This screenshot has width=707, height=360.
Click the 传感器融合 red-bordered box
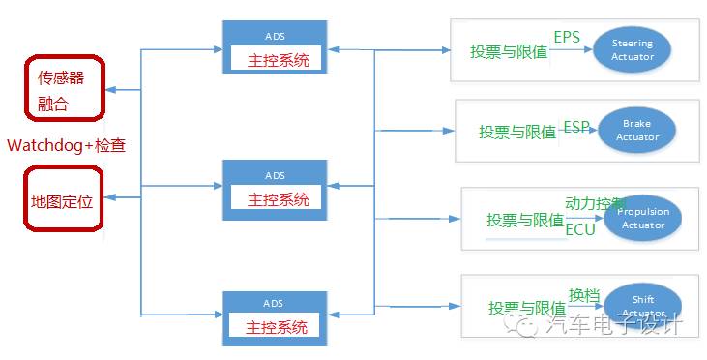tap(63, 87)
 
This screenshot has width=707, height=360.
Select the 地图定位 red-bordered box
tap(63, 197)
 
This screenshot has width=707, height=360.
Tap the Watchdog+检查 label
tap(67, 145)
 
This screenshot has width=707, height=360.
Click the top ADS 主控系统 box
tap(275, 49)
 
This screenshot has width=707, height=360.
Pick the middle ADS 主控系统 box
tap(275, 188)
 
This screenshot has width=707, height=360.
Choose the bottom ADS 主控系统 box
tap(275, 317)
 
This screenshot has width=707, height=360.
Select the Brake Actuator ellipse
tap(635, 131)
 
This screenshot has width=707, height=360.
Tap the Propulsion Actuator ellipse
tap(642, 219)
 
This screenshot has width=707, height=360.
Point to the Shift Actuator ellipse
tap(642, 304)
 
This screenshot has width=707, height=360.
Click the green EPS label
tap(568, 38)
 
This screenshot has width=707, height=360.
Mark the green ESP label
tap(577, 126)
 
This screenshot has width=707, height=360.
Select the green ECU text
tap(580, 229)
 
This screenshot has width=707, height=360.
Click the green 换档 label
tap(584, 295)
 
